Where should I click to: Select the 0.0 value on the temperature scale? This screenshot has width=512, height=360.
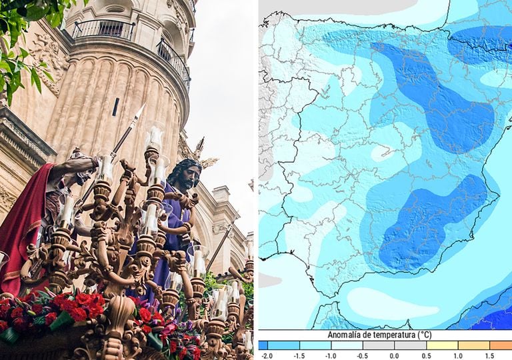[395, 356]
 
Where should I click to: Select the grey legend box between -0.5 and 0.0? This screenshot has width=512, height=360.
[378, 345]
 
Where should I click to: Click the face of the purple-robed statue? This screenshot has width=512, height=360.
[186, 175]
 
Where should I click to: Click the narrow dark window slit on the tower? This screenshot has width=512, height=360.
[116, 106]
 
